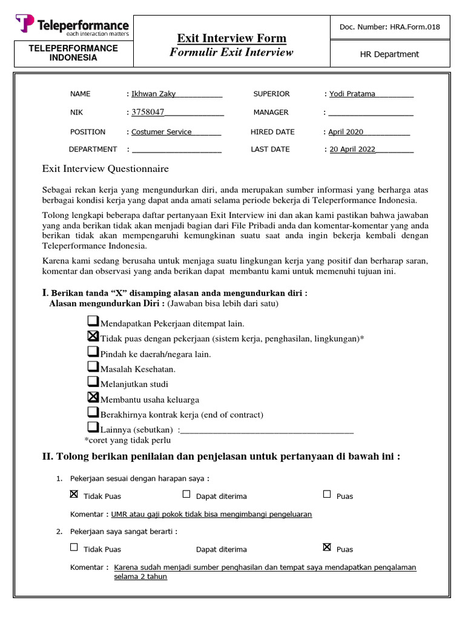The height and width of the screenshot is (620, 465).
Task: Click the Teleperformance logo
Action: coord(72,26)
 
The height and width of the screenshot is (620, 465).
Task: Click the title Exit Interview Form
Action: coord(231,38)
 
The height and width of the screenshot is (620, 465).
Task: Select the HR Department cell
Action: coord(389,54)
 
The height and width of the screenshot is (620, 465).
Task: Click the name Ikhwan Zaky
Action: coord(154,94)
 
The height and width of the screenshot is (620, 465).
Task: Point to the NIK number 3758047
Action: coord(148,112)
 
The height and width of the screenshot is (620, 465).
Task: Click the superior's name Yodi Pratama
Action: coord(352,94)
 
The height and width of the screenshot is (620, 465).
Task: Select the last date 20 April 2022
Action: coord(352,150)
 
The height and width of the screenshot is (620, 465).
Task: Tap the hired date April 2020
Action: coord(346,132)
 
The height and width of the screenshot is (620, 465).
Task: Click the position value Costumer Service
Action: coord(162,132)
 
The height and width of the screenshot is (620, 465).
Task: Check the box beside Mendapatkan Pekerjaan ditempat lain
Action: coord(93,321)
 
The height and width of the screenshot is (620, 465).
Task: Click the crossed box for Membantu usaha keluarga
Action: coord(93,397)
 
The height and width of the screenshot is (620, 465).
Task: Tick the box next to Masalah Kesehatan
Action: coord(93,366)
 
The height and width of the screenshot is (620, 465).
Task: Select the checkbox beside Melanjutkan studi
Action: coord(93,381)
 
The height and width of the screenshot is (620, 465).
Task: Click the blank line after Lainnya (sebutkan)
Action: coord(266,430)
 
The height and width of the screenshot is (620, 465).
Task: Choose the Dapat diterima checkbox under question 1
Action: coord(186,494)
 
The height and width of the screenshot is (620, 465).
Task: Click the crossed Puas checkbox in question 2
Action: coord(327,547)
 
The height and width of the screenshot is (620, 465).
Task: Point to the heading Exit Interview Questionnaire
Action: coord(105,169)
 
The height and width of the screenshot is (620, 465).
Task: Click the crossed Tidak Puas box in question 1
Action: coord(74,494)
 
